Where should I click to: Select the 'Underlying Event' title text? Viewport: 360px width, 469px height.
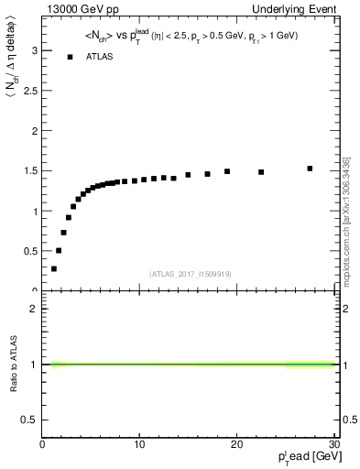(x=296, y=8)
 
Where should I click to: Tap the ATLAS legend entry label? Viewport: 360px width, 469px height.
(x=100, y=57)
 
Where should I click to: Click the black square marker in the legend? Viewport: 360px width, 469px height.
(x=71, y=57)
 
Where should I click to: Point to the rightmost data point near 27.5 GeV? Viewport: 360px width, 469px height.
(x=310, y=169)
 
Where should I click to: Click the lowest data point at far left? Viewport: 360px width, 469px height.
(x=54, y=268)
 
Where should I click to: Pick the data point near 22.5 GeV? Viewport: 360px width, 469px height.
(x=261, y=171)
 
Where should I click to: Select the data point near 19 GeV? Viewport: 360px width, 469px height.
(x=227, y=170)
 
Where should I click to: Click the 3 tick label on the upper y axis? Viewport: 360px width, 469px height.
(x=36, y=51)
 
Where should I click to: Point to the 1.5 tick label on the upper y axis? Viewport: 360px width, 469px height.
(x=31, y=171)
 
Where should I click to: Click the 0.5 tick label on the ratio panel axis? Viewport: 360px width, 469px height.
(x=31, y=420)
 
